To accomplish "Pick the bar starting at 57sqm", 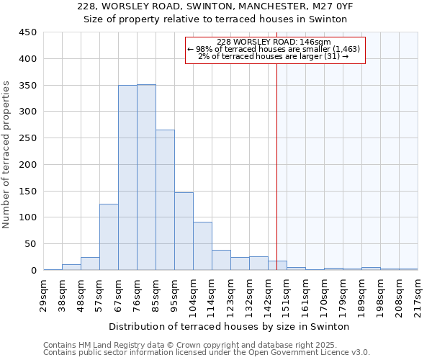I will click(109, 237).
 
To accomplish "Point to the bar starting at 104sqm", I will click(202, 246).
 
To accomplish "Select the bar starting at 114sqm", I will click(221, 260).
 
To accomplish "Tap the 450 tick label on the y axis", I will click(27, 32).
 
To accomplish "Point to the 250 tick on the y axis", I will click(27, 138).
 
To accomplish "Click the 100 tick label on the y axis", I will click(27, 217).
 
